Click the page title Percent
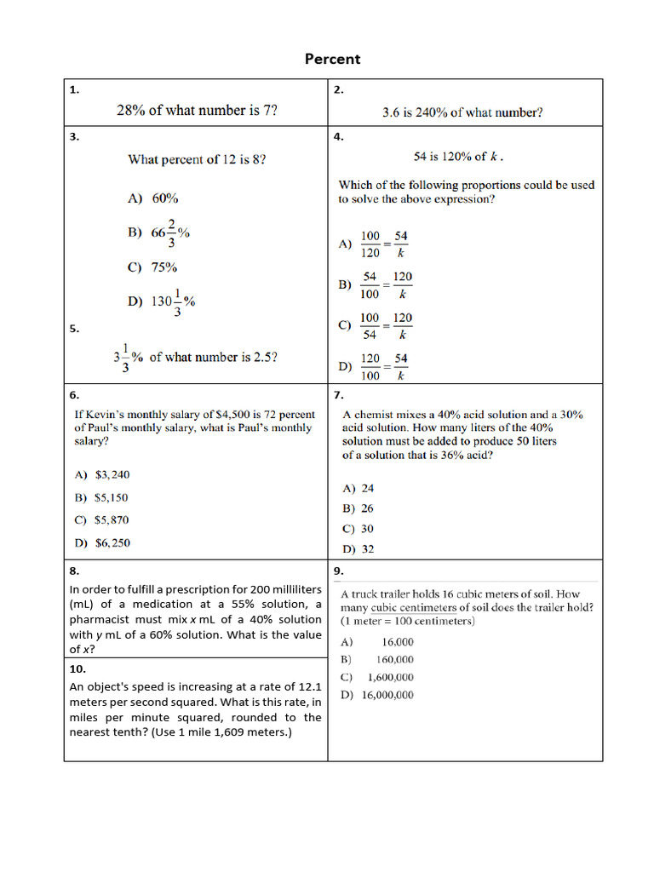333,59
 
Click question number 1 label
74,89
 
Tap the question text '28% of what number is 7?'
197,110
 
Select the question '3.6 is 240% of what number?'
462,112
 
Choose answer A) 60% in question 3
153,198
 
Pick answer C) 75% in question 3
152,267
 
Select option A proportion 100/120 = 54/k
375,244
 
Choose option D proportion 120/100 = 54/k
375,366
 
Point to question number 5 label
74,328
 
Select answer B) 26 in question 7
358,508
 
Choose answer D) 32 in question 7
358,549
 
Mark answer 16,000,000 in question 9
387,695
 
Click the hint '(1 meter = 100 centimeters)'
408,621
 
